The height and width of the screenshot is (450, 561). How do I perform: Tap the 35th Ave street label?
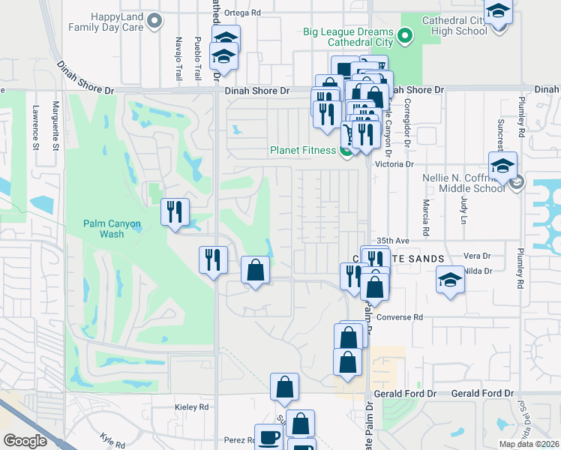pos(394,240)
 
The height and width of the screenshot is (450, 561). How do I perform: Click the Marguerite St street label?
pos(55,126)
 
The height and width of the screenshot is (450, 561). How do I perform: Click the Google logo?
pos(25,441)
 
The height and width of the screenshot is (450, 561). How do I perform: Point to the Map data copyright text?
pos(529,444)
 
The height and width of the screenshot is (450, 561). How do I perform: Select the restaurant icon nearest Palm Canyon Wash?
pos(174,211)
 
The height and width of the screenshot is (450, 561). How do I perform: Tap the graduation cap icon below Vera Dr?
pos(450,280)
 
